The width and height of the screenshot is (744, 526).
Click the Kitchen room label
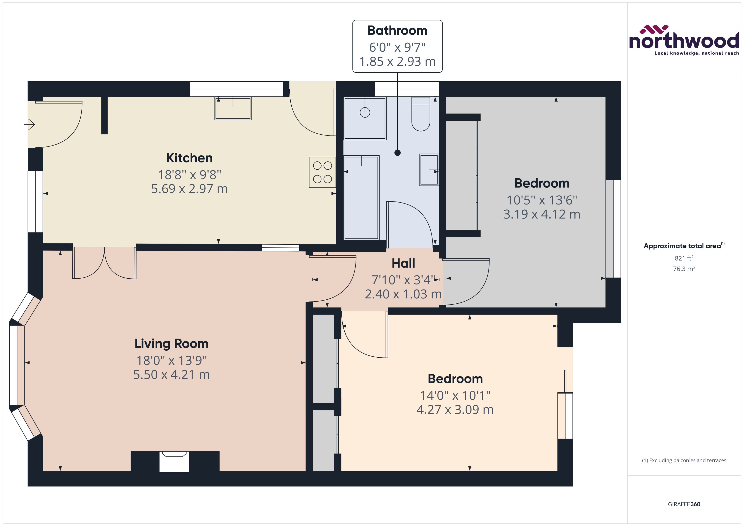click(x=189, y=158)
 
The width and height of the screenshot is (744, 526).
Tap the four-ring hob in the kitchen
click(x=322, y=172)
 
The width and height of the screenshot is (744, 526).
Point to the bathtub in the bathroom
click(x=361, y=197)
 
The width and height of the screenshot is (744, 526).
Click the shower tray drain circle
click(x=365, y=112)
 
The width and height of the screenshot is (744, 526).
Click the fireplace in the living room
click(x=174, y=461)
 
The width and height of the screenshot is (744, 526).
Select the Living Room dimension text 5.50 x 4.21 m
click(x=172, y=375)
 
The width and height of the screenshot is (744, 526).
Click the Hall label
click(x=403, y=263)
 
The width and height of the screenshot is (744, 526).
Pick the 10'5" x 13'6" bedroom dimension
click(x=542, y=200)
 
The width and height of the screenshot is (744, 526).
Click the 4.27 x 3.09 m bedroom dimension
click(x=455, y=410)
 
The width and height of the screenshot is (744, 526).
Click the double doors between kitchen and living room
click(x=104, y=263)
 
